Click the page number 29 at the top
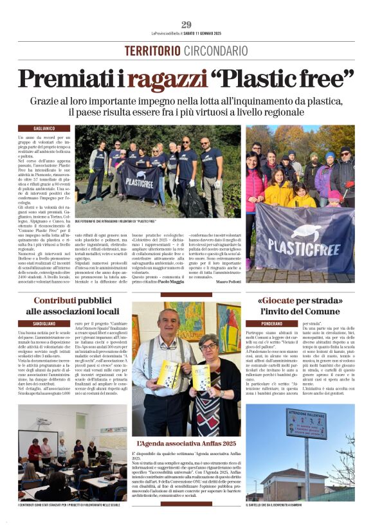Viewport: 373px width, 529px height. point(186,25)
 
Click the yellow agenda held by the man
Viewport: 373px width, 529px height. point(169,373)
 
